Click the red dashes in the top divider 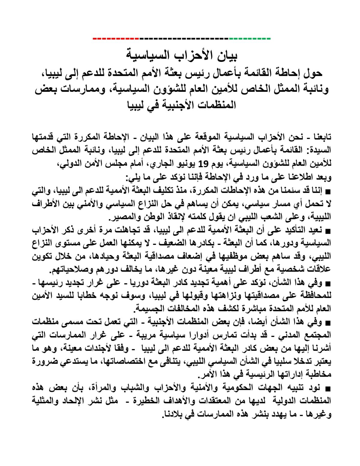tap(116, 39)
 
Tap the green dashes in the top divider tap(250, 39)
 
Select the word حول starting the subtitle tap(313, 73)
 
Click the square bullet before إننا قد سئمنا tap(328, 191)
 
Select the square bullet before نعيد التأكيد tap(328, 231)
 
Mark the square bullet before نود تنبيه tap(328, 389)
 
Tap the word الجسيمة tap(149, 308)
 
